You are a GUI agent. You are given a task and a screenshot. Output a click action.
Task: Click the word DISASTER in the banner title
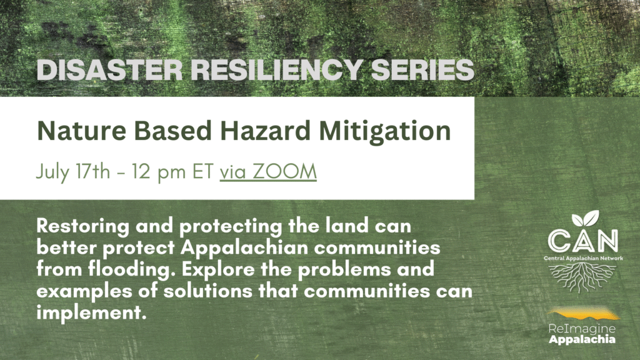(x=109, y=70)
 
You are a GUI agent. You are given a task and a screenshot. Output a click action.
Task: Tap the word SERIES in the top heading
(x=422, y=70)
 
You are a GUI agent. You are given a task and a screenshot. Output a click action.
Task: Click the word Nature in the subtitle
(x=82, y=131)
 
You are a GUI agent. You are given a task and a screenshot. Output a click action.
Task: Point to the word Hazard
(x=265, y=131)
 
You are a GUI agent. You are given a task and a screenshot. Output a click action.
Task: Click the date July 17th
(x=73, y=172)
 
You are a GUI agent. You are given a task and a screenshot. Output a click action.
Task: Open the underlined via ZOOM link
(x=268, y=172)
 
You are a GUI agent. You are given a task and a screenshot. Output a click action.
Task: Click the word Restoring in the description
(x=83, y=226)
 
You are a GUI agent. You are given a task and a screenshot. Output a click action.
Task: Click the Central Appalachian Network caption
(x=583, y=258)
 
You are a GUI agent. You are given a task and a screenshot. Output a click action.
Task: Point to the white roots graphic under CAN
(x=582, y=277)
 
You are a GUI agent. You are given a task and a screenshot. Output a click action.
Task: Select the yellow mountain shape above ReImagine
(x=584, y=314)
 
